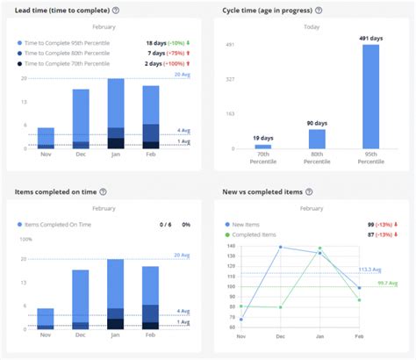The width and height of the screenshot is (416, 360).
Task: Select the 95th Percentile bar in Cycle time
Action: tap(370, 97)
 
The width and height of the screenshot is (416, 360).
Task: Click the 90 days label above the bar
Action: tap(317, 123)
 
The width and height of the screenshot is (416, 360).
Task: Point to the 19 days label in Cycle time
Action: tap(263, 139)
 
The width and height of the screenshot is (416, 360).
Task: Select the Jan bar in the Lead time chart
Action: tap(116, 114)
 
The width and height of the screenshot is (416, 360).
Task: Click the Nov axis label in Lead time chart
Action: tap(46, 155)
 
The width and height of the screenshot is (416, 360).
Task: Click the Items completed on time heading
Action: tap(55, 191)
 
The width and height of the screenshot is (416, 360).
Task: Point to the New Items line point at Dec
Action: tap(281, 248)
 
